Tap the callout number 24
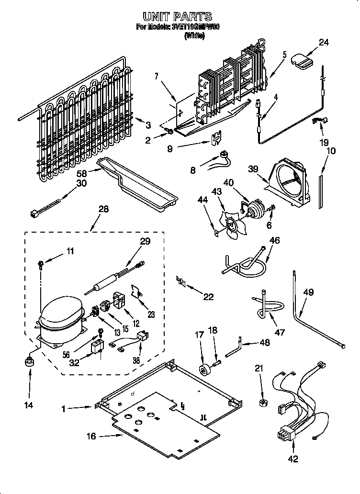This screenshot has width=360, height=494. pyautogui.click(x=324, y=42)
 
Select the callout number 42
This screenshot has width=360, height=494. pyautogui.click(x=293, y=459)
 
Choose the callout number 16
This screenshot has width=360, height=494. pyautogui.click(x=91, y=436)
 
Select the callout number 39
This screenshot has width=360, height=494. pyautogui.click(x=253, y=168)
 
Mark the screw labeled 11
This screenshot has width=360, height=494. pyautogui.click(x=42, y=263)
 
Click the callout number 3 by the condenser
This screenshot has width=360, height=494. pyautogui.click(x=148, y=125)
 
